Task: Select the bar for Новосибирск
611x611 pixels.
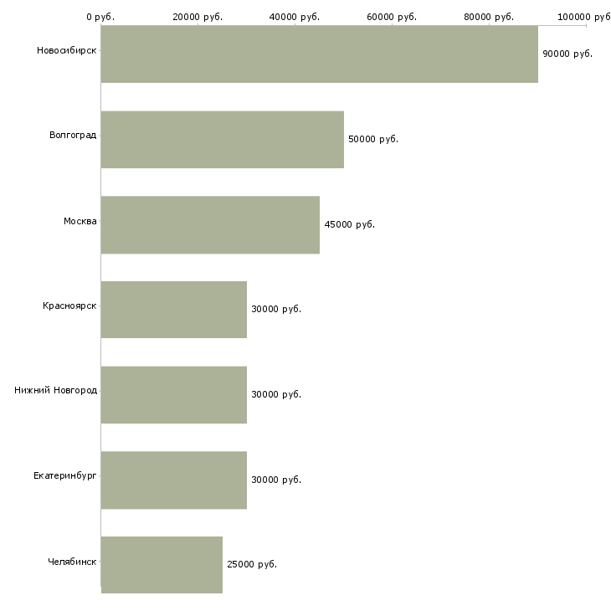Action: [320, 54]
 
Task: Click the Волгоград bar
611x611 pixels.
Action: [223, 140]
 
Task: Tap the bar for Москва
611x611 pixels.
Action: [210, 225]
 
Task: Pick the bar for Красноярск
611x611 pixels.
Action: [174, 310]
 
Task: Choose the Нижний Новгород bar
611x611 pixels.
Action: [174, 395]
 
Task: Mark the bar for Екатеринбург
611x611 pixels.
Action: [174, 480]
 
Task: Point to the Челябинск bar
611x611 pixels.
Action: [162, 565]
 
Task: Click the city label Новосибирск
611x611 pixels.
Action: [67, 51]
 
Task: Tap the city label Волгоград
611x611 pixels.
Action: [73, 136]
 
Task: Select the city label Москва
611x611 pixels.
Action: [80, 221]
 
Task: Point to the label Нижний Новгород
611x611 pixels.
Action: [56, 390]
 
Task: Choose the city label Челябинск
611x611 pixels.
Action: [72, 562]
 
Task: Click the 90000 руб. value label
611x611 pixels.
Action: [567, 54]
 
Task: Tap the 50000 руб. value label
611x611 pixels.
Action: [373, 139]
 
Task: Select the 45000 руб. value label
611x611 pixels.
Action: [350, 224]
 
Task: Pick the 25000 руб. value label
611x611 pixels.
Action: [252, 564]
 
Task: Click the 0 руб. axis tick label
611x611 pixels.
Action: [100, 17]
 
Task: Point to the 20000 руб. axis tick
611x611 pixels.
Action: [198, 17]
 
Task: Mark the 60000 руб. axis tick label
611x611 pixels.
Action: [392, 17]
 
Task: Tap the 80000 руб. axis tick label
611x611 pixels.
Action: [489, 17]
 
